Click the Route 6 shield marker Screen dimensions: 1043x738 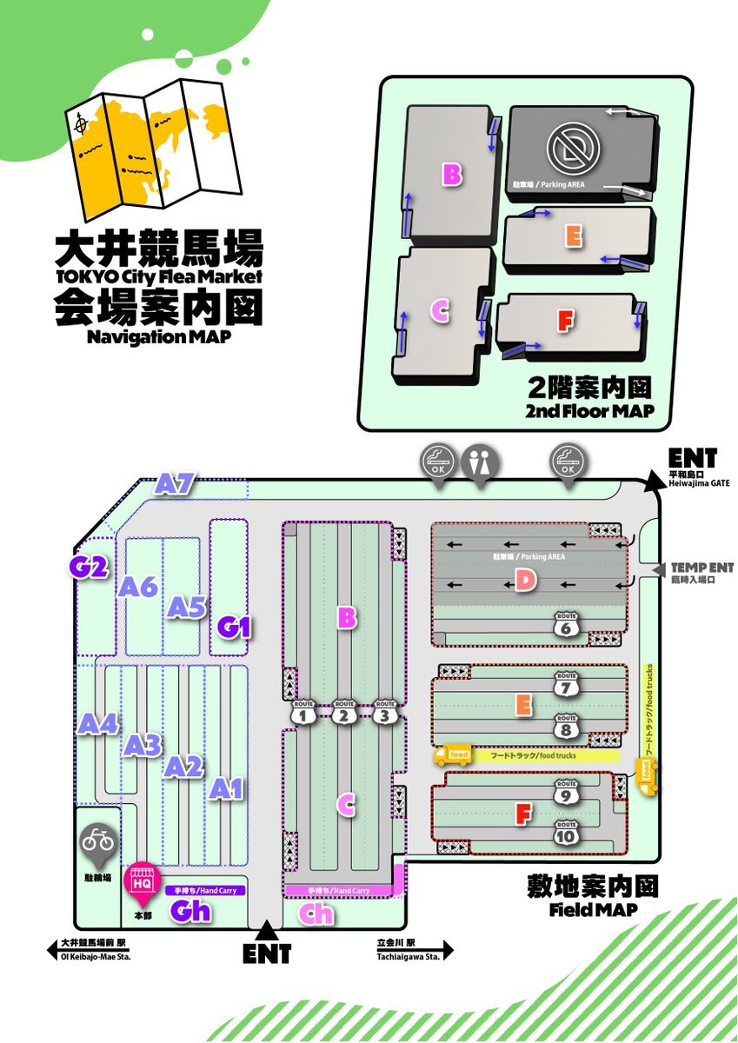[566, 623]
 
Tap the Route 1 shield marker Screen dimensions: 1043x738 [303, 712]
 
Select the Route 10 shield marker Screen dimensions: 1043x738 [566, 833]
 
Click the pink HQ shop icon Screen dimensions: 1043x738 [142, 880]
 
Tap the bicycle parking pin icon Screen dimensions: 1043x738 [97, 840]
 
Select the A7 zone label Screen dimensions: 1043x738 [176, 484]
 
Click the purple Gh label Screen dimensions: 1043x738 [190, 912]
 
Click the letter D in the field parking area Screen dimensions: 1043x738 [524, 580]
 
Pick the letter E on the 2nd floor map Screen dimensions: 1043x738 [572, 236]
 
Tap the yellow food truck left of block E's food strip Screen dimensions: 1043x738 [452, 754]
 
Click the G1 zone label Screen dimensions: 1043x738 [234, 626]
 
